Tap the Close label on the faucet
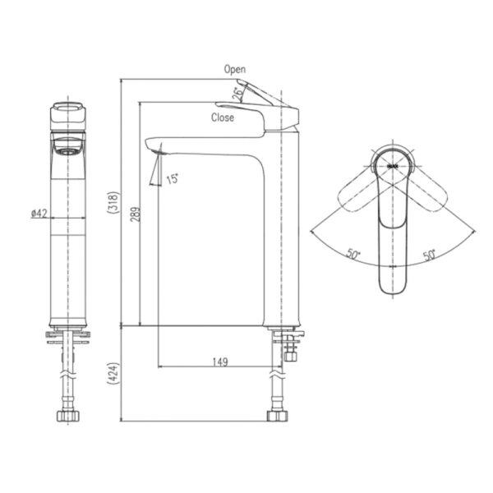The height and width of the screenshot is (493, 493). [223, 117]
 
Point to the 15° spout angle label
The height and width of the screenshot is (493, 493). [173, 178]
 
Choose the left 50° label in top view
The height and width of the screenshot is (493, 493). [353, 255]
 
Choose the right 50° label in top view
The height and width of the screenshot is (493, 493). [429, 255]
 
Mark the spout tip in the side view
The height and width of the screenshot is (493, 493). [157, 148]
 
